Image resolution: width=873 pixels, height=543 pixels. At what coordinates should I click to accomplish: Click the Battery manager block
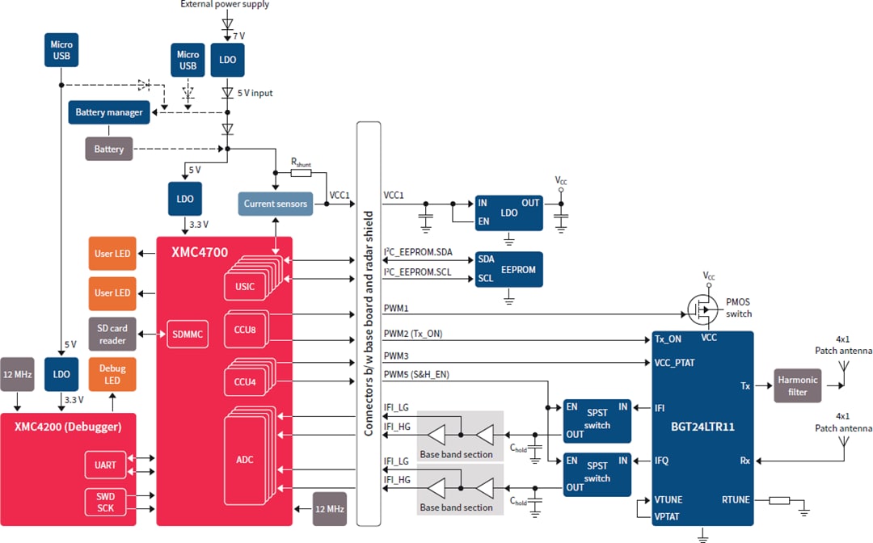[x=109, y=112]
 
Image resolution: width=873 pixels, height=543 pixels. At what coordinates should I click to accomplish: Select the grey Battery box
[x=109, y=149]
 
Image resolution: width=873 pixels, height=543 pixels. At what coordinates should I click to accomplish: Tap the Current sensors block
[x=276, y=204]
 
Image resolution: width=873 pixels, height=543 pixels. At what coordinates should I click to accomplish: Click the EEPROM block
[x=509, y=269]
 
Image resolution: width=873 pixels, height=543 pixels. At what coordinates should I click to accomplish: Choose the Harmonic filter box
[x=798, y=385]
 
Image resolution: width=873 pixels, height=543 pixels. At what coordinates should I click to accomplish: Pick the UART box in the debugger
[x=105, y=465]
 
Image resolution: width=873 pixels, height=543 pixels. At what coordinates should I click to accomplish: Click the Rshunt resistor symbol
[x=301, y=173]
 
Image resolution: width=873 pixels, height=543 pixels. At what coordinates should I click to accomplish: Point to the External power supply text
[x=225, y=5]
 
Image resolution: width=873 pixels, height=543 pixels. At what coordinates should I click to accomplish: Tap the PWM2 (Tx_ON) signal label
[x=412, y=334]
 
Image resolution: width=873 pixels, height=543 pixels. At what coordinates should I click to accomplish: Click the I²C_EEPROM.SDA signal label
[x=417, y=253]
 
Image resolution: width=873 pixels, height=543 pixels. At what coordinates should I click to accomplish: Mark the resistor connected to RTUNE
[x=779, y=500]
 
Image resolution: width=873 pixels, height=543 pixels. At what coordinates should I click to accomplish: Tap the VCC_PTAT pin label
[x=674, y=363]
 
